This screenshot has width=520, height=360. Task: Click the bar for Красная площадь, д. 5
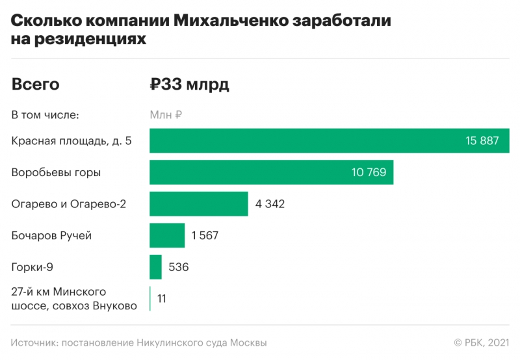(305, 141)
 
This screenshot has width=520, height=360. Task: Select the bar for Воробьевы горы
(247, 173)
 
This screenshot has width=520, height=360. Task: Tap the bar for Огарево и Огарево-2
(199, 204)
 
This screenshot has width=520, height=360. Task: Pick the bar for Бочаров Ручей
(167, 235)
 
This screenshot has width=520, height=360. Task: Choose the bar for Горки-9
(155, 267)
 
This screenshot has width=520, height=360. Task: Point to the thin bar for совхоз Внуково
(150, 298)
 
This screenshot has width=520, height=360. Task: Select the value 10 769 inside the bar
(369, 173)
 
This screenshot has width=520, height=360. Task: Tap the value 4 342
(270, 204)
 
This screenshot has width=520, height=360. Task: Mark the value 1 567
(205, 235)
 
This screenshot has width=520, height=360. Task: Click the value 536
(179, 267)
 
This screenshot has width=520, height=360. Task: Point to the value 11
(161, 298)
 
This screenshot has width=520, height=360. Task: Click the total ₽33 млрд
(190, 84)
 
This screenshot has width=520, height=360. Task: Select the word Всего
(36, 84)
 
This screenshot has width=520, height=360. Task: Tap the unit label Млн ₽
(166, 115)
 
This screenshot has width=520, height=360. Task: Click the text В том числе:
(45, 115)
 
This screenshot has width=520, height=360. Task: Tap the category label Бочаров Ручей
(51, 235)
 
